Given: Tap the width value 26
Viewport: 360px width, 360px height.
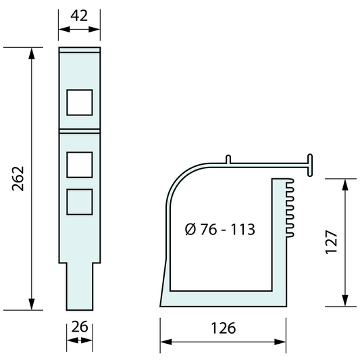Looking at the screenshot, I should (x=80, y=326).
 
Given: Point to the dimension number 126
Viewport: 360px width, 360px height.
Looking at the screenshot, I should (x=222, y=328).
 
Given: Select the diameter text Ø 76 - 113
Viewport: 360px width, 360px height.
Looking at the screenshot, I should (x=220, y=229).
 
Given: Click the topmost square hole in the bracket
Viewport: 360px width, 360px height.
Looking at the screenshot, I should (x=80, y=101).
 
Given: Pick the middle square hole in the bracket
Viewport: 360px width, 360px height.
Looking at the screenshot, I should (x=80, y=164).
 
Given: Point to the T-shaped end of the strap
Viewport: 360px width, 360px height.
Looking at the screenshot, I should (x=311, y=164).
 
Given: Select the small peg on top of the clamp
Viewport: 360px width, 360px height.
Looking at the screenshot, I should (x=228, y=159).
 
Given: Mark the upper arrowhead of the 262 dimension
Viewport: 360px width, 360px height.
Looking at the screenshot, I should (x=31, y=53).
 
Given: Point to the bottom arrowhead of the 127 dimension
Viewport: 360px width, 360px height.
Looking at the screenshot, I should (x=345, y=301).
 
